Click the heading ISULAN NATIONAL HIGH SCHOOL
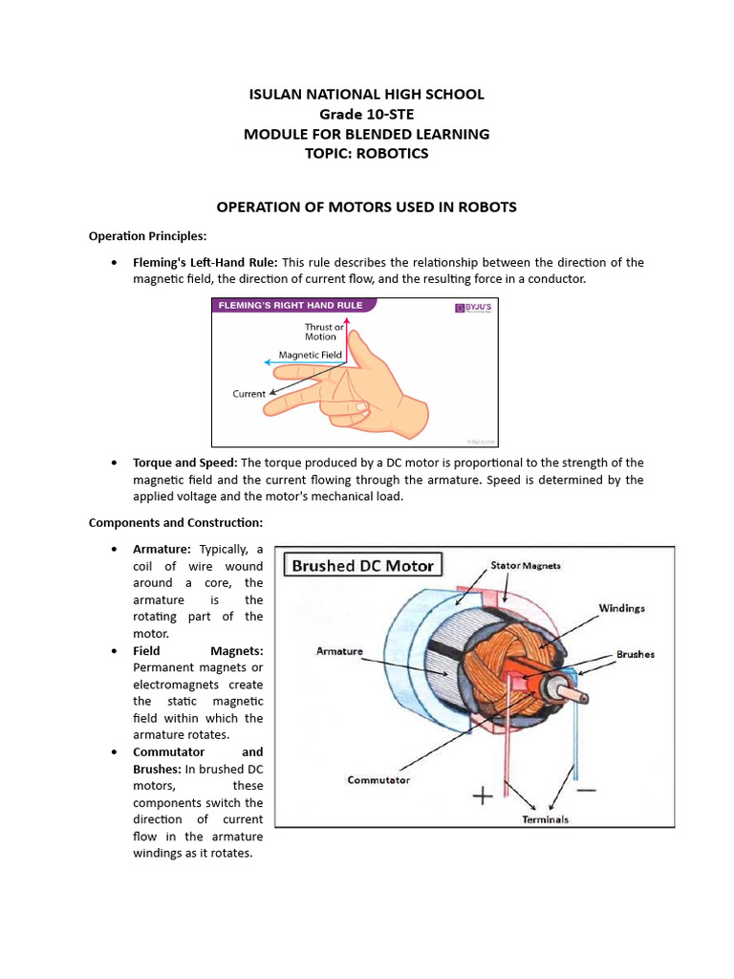pos(366,94)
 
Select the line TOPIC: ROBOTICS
pos(366,154)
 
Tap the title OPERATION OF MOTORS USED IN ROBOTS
pos(366,207)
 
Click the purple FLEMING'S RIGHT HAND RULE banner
pos(293,307)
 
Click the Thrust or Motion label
pos(324,332)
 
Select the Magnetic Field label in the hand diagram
pos(310,355)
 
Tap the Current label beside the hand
pos(248,394)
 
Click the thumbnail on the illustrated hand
pos(360,406)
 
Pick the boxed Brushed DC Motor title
pos(362,565)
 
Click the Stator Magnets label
pos(526,566)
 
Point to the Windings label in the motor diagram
pos(621,607)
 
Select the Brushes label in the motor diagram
pos(636,655)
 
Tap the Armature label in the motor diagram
pos(339,651)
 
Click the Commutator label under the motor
pos(378,780)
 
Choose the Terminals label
pos(546,819)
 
